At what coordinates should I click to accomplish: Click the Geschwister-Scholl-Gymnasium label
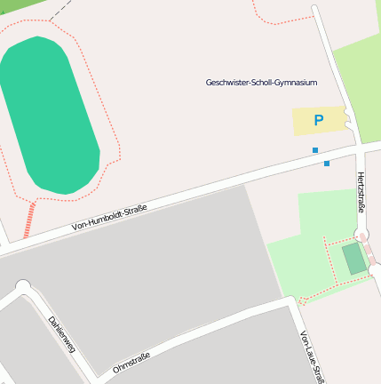261,83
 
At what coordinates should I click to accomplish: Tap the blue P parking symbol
318,120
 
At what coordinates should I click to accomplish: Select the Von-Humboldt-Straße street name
109,219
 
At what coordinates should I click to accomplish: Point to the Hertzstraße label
361,193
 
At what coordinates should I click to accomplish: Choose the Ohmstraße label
131,363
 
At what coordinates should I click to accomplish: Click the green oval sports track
49,116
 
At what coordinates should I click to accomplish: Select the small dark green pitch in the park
354,259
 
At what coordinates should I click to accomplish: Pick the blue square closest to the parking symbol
315,150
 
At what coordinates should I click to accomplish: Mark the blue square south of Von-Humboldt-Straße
327,164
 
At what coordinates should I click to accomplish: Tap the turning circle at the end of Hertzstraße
361,235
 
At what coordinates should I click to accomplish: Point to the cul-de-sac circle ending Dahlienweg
22,286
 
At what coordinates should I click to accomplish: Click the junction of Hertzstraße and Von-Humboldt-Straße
360,145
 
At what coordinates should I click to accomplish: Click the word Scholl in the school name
265,83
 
